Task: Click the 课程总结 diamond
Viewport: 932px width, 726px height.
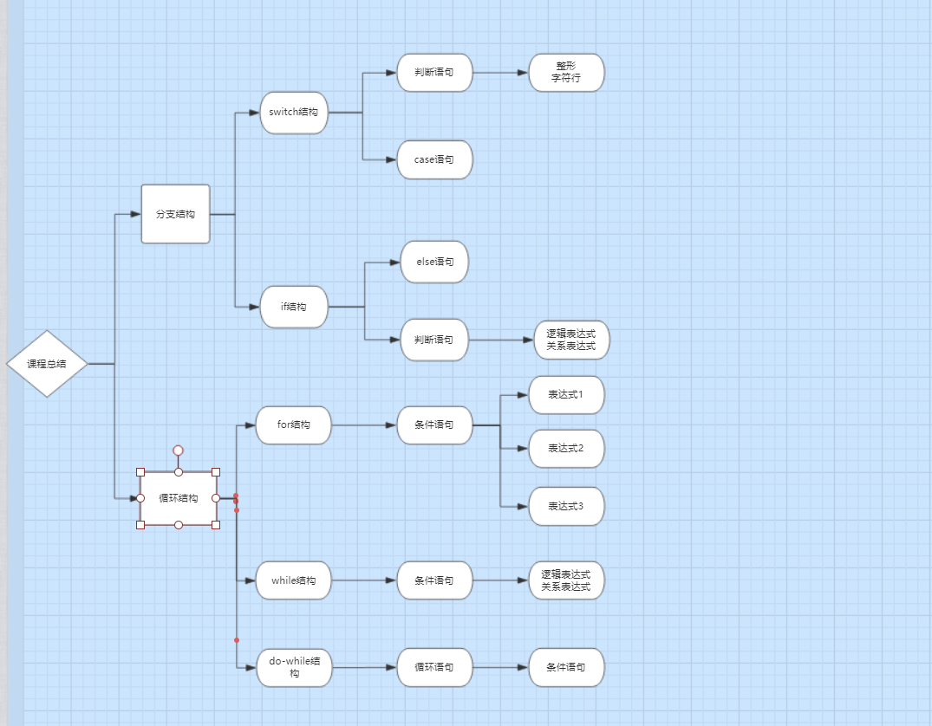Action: click(x=47, y=364)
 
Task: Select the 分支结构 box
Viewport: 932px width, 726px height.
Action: click(x=175, y=214)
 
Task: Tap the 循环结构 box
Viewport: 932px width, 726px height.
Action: click(x=179, y=498)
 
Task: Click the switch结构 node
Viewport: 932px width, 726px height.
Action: click(x=294, y=113)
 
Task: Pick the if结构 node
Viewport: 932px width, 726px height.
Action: click(x=294, y=307)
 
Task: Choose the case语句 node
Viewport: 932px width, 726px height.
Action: click(x=434, y=159)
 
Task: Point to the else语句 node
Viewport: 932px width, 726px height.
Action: click(x=434, y=262)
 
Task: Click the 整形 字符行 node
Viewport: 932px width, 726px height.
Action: click(x=566, y=73)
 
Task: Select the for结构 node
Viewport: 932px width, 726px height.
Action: click(x=293, y=425)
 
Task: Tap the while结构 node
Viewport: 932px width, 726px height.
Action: click(x=293, y=580)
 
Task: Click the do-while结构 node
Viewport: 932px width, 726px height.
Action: click(x=294, y=668)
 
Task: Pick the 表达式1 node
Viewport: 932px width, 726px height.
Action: click(x=566, y=395)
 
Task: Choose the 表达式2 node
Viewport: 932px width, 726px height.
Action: click(x=566, y=449)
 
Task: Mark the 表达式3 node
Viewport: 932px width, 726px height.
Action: click(x=566, y=506)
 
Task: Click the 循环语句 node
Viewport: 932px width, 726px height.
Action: click(x=434, y=668)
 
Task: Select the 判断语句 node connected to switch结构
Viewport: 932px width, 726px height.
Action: click(x=434, y=73)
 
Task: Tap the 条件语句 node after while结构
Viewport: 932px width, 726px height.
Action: click(x=434, y=580)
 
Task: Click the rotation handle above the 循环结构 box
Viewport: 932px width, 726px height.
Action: click(x=179, y=451)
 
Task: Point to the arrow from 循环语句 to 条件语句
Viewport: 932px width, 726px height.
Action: click(x=501, y=667)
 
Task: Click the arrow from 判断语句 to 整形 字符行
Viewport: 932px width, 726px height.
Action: click(x=501, y=73)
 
